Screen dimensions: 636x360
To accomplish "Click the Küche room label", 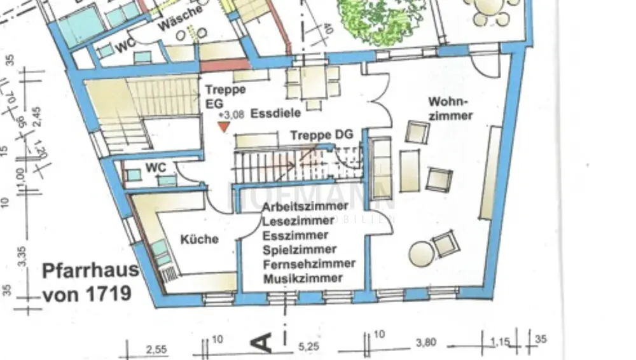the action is [199, 240].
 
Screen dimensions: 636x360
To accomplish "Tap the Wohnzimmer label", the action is [450, 108].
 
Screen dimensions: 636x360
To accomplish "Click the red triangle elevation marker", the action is [223, 126].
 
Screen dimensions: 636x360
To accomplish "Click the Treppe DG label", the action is [321, 135].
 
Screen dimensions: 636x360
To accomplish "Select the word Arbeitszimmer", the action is [305, 206].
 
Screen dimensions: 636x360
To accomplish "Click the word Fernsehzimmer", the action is [309, 263].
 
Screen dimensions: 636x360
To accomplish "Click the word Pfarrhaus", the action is [90, 270].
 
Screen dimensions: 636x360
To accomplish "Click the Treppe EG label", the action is [225, 96].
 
